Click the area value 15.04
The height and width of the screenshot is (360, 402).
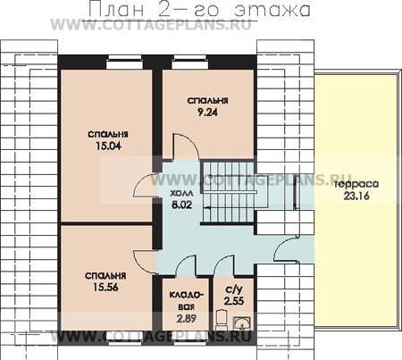coord(108,146)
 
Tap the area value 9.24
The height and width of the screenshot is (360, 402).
coord(207,113)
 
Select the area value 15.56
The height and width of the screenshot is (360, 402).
coord(105,287)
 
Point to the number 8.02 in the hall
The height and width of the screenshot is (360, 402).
coord(181,205)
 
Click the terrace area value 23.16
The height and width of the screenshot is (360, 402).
coord(356,196)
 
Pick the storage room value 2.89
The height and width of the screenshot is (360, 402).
coord(186,319)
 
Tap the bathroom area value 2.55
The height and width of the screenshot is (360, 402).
coord(234,301)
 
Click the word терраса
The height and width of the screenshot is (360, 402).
coord(356,184)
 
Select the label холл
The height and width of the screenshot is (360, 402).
coord(181,194)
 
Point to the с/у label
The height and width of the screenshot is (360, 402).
coord(234,289)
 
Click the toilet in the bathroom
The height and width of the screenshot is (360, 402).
coord(222,320)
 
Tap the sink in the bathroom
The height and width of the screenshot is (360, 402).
coord(242,323)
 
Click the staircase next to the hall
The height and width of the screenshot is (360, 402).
coord(229,192)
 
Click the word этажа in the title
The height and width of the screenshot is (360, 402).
coord(272,10)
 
